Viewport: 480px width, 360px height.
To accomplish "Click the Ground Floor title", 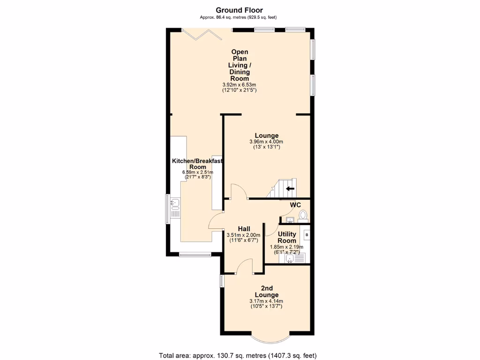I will (x=239, y=10).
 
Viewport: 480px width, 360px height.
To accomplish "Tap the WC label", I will (x=295, y=205).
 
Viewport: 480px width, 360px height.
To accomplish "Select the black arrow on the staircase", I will (x=290, y=189).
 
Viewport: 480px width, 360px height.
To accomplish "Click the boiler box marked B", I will (x=307, y=234).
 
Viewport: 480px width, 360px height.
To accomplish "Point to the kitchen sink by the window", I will (x=175, y=203).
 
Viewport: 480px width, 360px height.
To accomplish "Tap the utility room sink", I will (x=291, y=257).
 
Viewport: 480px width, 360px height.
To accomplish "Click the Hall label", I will (x=243, y=228).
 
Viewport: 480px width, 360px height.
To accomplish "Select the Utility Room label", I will (x=286, y=237).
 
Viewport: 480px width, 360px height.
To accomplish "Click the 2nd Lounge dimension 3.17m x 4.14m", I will (x=266, y=301).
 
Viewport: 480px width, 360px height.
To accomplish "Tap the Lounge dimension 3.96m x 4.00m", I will (x=266, y=142).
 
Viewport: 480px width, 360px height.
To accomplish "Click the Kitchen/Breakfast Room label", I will (x=197, y=164).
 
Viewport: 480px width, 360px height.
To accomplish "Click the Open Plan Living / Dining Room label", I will (x=240, y=65).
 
